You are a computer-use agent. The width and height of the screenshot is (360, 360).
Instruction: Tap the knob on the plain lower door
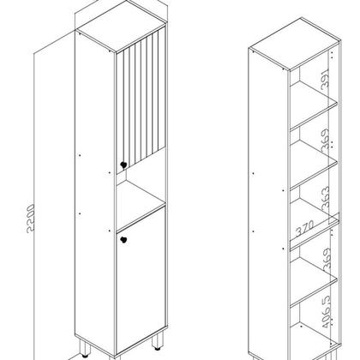click(x=123, y=240)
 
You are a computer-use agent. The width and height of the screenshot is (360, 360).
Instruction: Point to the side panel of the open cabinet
click(x=266, y=197)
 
